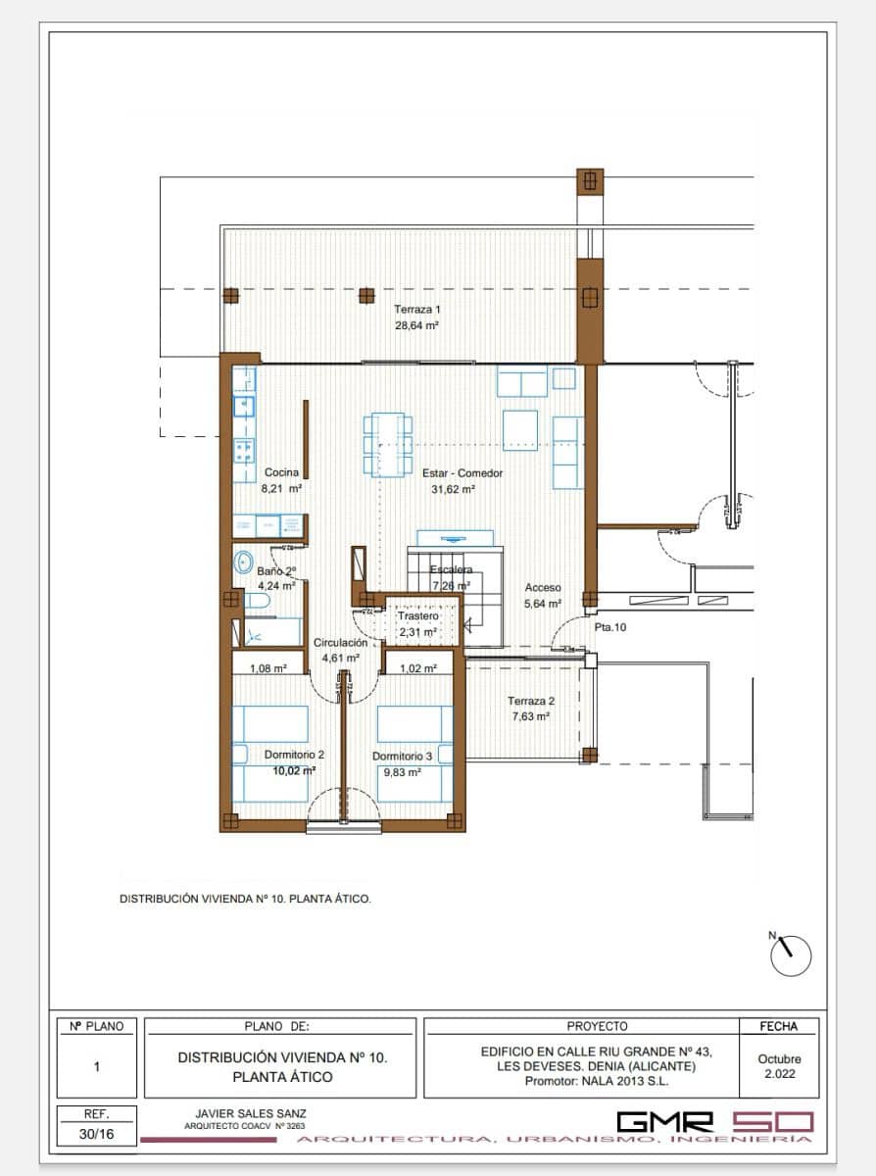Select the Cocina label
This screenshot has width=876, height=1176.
[281, 472]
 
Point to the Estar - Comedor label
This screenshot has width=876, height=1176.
[462, 472]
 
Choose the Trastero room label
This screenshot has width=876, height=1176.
[417, 616]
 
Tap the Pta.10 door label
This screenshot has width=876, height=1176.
[609, 627]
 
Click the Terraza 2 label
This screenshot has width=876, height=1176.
[530, 701]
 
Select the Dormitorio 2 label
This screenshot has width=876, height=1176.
[293, 755]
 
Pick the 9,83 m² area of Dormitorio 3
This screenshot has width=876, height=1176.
[400, 772]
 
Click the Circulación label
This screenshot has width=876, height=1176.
[340, 643]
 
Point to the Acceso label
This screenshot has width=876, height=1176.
[542, 587]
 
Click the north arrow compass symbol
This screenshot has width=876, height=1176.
[791, 955]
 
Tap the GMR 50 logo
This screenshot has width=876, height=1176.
[714, 1121]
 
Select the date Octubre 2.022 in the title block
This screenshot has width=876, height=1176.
[779, 1066]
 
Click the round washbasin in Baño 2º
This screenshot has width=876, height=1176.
[245, 563]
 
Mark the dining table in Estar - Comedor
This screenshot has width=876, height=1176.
[387, 444]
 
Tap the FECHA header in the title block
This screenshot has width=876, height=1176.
[779, 1026]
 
